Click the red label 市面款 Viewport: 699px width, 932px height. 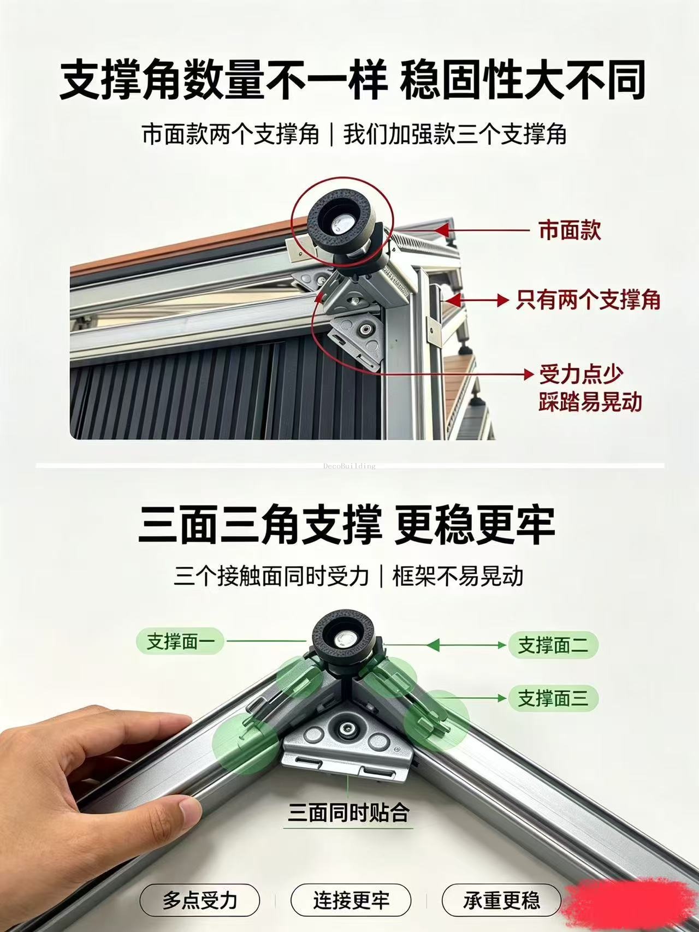tap(570, 230)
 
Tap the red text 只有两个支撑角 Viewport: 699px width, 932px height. tap(588, 300)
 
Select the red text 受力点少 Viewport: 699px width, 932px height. tap(581, 375)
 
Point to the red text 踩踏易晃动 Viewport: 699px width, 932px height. tap(590, 402)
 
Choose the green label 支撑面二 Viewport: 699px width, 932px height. tap(553, 645)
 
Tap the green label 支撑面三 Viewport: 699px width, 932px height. tap(553, 698)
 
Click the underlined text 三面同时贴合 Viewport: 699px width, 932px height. tap(348, 813)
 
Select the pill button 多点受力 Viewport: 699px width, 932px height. tap(199, 900)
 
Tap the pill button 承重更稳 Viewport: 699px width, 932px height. tap(501, 900)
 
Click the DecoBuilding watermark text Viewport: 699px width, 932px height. tap(349, 466)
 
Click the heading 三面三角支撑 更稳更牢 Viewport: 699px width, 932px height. tap(347, 525)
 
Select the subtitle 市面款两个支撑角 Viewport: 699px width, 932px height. tap(230, 134)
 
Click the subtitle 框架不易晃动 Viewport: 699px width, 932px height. tap(458, 576)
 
